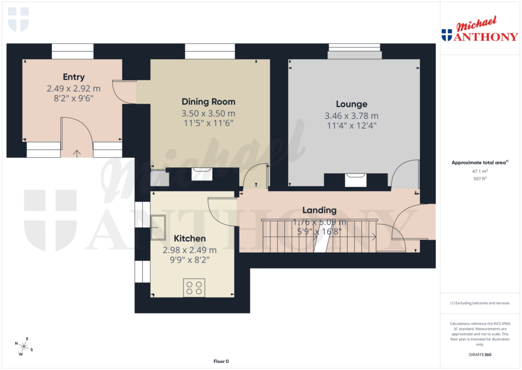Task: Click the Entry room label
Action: [73, 77]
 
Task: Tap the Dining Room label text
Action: [208, 102]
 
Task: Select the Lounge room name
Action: [351, 104]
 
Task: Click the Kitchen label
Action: [190, 238]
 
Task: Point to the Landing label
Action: [319, 210]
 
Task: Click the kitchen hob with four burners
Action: [194, 288]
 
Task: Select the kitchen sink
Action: [159, 227]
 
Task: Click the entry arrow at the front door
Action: [77, 152]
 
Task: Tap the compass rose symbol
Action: [24, 347]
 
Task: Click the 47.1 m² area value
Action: [479, 172]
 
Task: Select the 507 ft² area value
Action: [479, 179]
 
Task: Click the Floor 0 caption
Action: [221, 361]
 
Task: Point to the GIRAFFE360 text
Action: [479, 354]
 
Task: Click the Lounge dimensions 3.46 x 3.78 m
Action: [351, 115]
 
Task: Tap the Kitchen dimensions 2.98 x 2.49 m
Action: [190, 250]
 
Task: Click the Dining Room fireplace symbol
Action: [202, 173]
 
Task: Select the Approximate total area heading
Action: [479, 163]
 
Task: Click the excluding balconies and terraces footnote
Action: [479, 303]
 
